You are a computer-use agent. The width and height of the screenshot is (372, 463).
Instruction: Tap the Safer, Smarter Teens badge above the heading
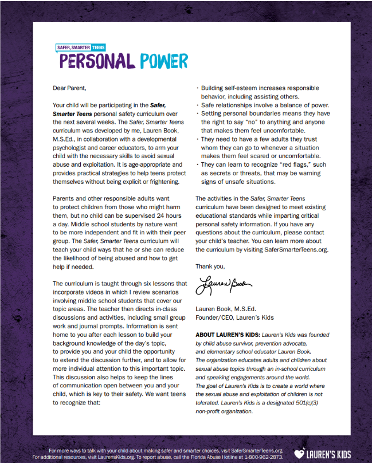(80, 47)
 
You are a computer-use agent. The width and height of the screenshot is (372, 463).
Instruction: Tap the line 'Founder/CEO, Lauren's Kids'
(234, 317)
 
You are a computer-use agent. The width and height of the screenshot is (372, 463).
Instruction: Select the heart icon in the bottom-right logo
(299, 454)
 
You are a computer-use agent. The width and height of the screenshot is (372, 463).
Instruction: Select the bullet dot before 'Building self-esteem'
(197, 88)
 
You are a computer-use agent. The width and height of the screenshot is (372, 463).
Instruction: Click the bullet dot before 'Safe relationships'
(197, 105)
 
